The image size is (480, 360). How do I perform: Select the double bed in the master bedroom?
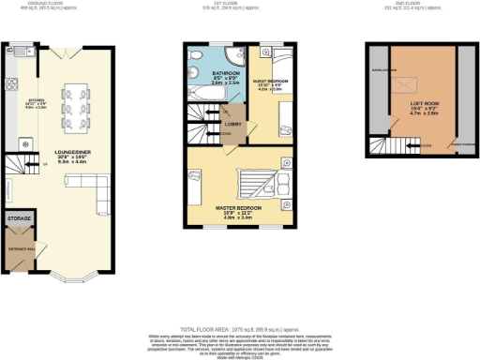(x=253, y=178)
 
